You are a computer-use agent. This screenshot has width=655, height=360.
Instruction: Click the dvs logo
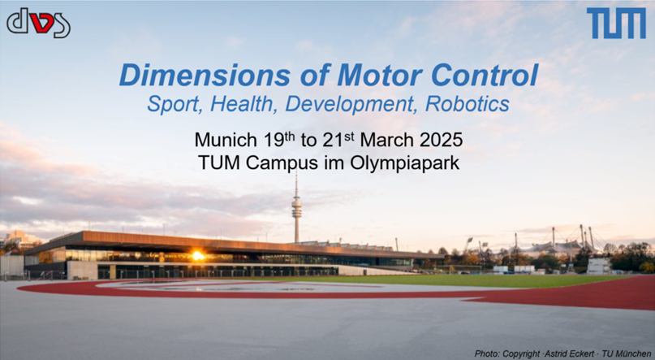38,23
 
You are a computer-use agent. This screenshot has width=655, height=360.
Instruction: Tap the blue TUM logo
616,23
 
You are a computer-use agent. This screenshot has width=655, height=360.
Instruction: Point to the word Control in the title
485,76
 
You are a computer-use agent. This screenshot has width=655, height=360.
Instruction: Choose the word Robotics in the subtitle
467,104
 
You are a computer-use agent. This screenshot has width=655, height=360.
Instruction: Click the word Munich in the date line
226,140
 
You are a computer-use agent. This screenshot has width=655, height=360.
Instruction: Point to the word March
387,140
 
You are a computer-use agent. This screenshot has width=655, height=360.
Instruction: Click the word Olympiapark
404,163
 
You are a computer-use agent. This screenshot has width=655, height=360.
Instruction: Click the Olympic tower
296,208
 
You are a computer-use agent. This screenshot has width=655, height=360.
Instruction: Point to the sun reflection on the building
197,255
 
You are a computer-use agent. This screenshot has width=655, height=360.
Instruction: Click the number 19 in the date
274,140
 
